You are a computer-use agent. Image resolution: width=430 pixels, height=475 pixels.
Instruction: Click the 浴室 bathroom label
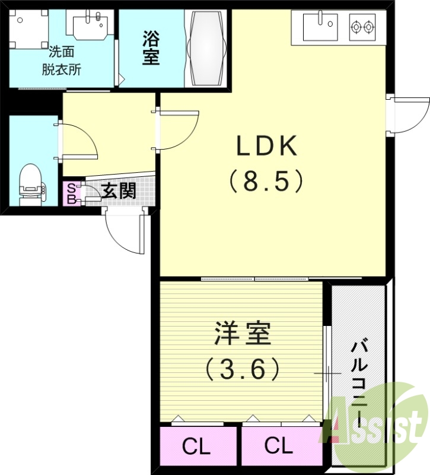(151, 49)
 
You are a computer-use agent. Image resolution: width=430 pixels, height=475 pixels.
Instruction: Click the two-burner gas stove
(362, 27)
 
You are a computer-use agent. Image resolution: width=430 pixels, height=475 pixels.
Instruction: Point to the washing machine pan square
(28, 30)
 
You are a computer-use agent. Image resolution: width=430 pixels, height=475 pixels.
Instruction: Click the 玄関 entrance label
(118, 191)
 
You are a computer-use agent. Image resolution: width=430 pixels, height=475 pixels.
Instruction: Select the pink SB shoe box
(71, 194)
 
